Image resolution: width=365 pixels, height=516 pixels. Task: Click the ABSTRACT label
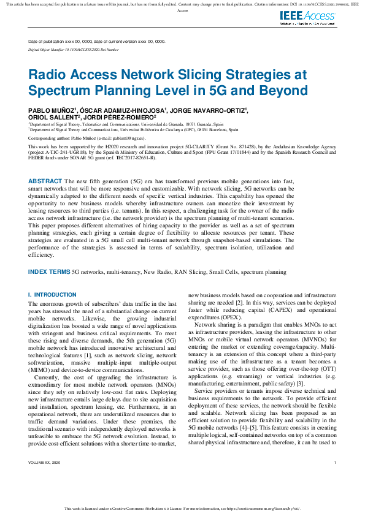pos(45,181)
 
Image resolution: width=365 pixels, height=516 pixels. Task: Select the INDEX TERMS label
pos(49,270)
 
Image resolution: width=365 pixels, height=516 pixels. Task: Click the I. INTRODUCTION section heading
pos(53,295)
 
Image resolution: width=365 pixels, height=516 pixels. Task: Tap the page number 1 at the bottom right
pos(335,479)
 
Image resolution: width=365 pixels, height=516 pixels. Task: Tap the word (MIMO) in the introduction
pos(40,353)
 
